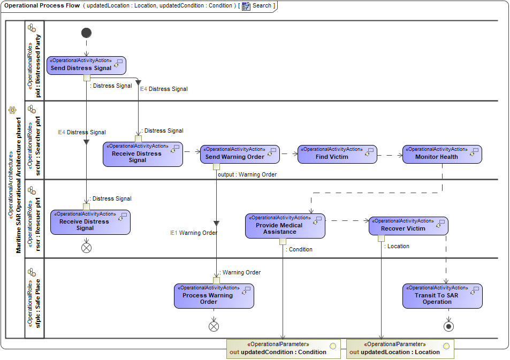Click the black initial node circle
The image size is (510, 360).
(x=86, y=33)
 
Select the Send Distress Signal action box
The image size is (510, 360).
(x=86, y=65)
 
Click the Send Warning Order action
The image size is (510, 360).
(x=240, y=154)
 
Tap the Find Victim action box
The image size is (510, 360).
(x=337, y=154)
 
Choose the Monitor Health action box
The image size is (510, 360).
(x=442, y=154)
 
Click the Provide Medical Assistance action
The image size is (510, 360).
(x=285, y=226)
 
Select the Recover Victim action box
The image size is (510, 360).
(x=408, y=226)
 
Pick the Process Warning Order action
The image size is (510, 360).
(x=214, y=296)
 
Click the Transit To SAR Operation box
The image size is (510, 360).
(x=442, y=296)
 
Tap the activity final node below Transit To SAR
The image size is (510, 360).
(x=448, y=326)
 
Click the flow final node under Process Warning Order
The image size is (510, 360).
(x=214, y=326)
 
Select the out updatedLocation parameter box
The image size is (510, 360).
(x=400, y=348)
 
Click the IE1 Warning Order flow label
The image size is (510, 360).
(x=194, y=233)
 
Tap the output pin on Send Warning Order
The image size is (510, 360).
(x=216, y=166)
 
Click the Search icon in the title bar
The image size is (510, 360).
(x=246, y=6)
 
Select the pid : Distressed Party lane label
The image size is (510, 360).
(x=34, y=60)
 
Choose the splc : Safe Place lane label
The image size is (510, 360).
(x=34, y=298)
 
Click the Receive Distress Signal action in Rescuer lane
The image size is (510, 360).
(x=90, y=222)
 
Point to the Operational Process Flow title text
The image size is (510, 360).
(x=42, y=5)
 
